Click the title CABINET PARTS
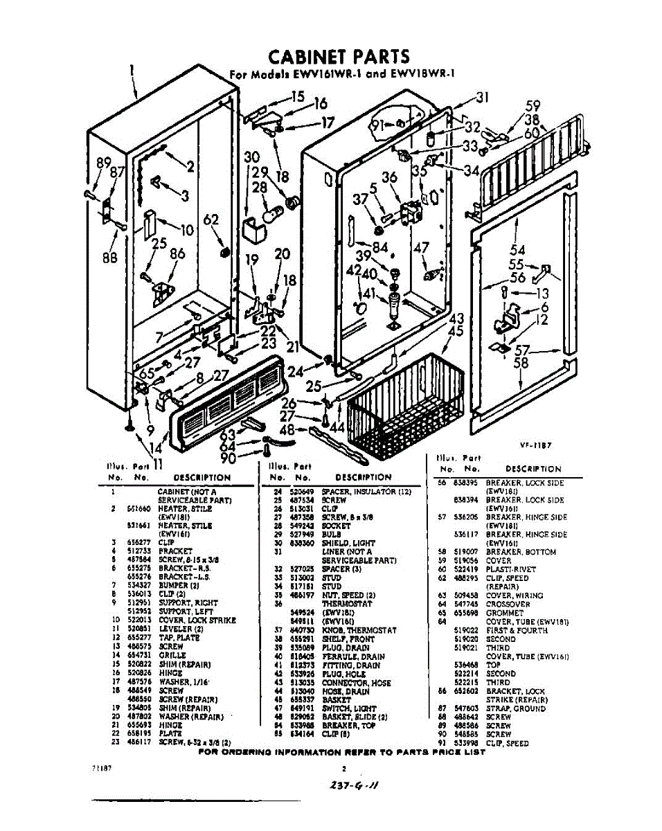pos(339,56)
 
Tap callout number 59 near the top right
pos(533,106)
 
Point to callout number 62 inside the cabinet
pos(212,221)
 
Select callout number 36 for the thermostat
pos(390,177)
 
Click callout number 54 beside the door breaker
pos(517,250)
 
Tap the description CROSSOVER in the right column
pos(508,604)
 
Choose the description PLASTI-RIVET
pos(511,569)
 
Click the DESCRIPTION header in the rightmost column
pos(533,469)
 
